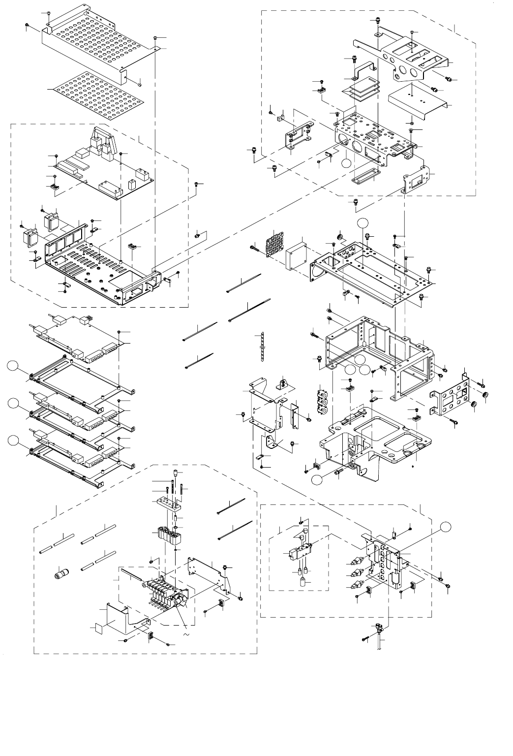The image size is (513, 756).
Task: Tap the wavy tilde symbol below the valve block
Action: pos(186,634)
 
